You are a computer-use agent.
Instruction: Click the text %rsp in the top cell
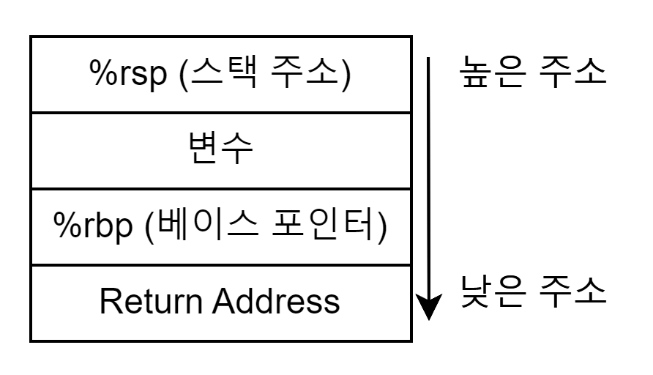click(129, 75)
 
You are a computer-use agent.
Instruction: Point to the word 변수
click(221, 150)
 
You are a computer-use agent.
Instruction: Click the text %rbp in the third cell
click(94, 226)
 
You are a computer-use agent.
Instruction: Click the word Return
click(150, 301)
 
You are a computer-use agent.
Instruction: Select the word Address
click(277, 301)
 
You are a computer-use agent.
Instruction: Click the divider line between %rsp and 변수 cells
click(221, 113)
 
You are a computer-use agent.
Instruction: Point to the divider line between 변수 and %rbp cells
click(221, 188)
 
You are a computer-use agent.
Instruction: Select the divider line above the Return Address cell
click(221, 265)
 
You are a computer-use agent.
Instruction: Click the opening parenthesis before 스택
click(183, 75)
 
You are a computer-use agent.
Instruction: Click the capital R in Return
click(108, 301)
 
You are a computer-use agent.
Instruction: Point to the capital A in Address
click(223, 301)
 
